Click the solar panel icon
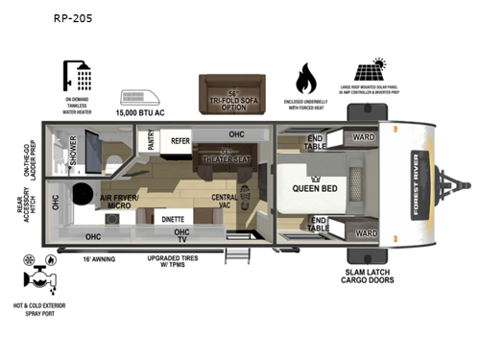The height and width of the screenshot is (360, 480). click(x=371, y=71)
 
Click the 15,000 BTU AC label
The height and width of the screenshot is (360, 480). click(x=142, y=112)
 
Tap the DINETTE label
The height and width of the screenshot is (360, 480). click(x=175, y=218)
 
